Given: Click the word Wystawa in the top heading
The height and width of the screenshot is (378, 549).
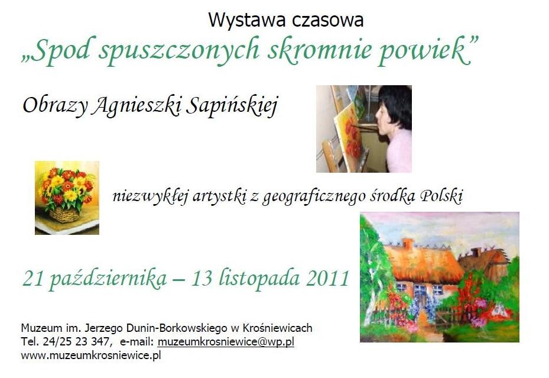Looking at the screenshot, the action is [247, 20].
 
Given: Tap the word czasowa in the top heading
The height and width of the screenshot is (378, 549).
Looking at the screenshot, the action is [327, 20].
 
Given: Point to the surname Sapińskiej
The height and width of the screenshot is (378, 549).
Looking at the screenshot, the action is [232, 106].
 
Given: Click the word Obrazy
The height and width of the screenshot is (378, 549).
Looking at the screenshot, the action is [55, 106].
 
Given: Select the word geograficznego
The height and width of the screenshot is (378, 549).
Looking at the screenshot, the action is [314, 197].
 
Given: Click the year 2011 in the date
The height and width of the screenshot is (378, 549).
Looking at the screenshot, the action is [328, 278].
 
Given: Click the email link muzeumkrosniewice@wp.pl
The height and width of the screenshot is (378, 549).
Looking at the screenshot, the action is [226, 342].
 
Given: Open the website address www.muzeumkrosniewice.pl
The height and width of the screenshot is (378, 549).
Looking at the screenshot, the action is [91, 356].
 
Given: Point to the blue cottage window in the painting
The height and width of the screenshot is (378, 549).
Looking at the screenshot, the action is [420, 290].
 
